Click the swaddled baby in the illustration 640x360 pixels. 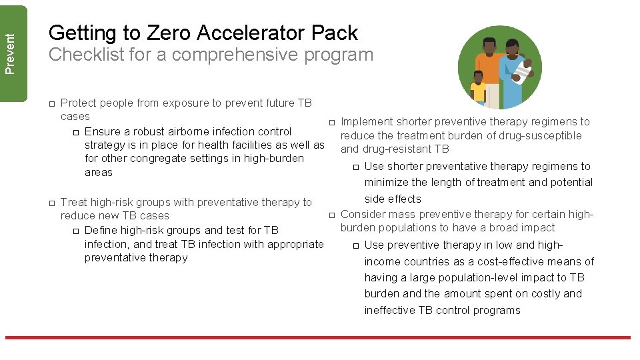525,69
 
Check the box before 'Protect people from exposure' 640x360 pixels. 51,103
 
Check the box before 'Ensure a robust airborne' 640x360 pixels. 75,132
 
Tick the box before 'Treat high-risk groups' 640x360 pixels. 51,203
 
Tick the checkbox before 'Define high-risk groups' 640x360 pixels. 75,231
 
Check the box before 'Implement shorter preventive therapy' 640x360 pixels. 331,122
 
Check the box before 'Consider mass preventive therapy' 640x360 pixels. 331,215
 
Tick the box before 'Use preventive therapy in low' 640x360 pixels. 355,245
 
